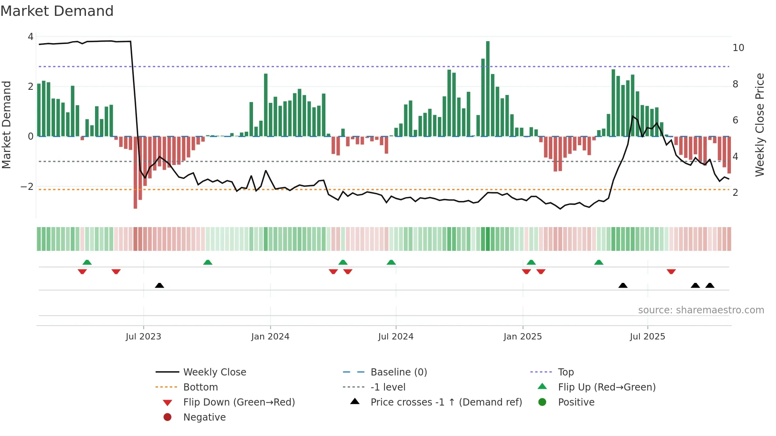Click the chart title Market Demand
coord(57,11)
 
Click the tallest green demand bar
coord(488,89)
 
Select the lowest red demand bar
coord(135,172)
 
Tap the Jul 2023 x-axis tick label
coord(143,337)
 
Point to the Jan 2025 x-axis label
coord(523,337)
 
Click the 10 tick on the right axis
coord(738,48)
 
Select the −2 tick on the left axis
coord(27,187)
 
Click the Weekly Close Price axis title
coord(759,125)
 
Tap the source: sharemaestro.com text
coord(701,310)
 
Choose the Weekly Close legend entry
coord(215,372)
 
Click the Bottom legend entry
coord(200,387)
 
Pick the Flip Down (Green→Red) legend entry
coord(239,402)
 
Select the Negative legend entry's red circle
coord(167,417)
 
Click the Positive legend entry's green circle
coord(542,402)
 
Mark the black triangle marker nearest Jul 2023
coord(160,286)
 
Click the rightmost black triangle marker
coord(710,286)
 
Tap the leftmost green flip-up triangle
coord(87,262)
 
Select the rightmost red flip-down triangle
coord(671,272)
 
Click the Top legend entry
coord(566,372)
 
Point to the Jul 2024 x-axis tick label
coord(396,337)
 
